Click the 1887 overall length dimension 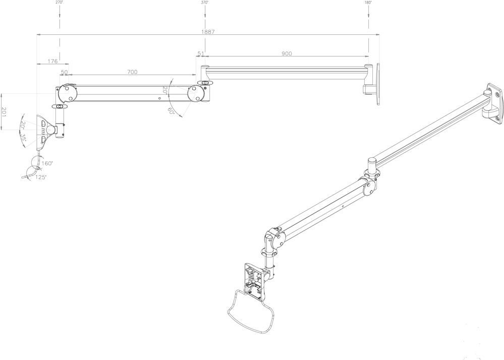click(x=208, y=32)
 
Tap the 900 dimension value click(x=287, y=54)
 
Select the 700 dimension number click(x=132, y=72)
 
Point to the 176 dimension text click(x=52, y=61)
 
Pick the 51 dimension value click(x=201, y=53)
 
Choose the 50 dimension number click(x=64, y=72)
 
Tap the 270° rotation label click(x=59, y=3)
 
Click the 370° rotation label click(x=204, y=3)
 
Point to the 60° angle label click(x=172, y=111)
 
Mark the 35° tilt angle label click(x=23, y=137)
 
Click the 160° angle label click(x=48, y=163)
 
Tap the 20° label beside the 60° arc click(x=165, y=91)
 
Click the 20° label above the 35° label click(x=23, y=125)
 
